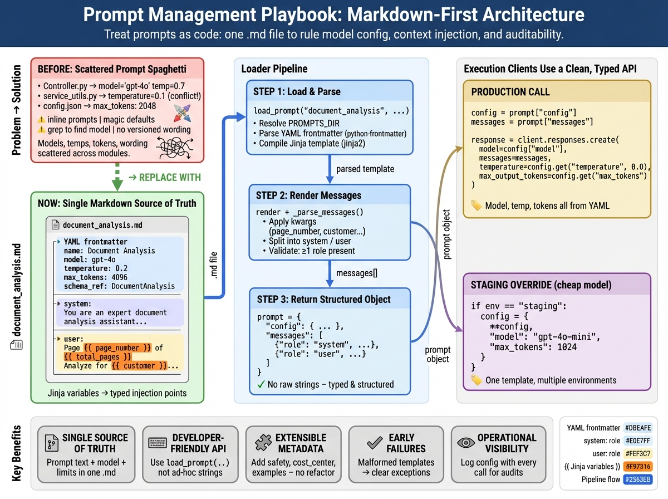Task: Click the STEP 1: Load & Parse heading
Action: click(298, 91)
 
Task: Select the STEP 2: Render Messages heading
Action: click(308, 195)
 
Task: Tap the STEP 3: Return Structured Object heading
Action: click(323, 299)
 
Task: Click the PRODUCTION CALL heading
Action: click(510, 92)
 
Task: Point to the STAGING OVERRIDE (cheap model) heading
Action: click(541, 285)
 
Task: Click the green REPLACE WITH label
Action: click(164, 178)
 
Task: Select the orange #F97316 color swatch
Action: click(638, 467)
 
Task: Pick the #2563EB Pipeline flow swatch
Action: click(638, 480)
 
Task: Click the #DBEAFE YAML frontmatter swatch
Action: click(638, 428)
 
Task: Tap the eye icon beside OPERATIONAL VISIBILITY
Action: click(465, 443)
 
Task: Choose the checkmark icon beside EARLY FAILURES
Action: click(374, 443)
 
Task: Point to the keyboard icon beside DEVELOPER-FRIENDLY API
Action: click(158, 443)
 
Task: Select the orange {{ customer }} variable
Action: click(139, 366)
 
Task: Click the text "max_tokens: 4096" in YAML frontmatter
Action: click(96, 277)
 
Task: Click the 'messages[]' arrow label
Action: click(356, 273)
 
